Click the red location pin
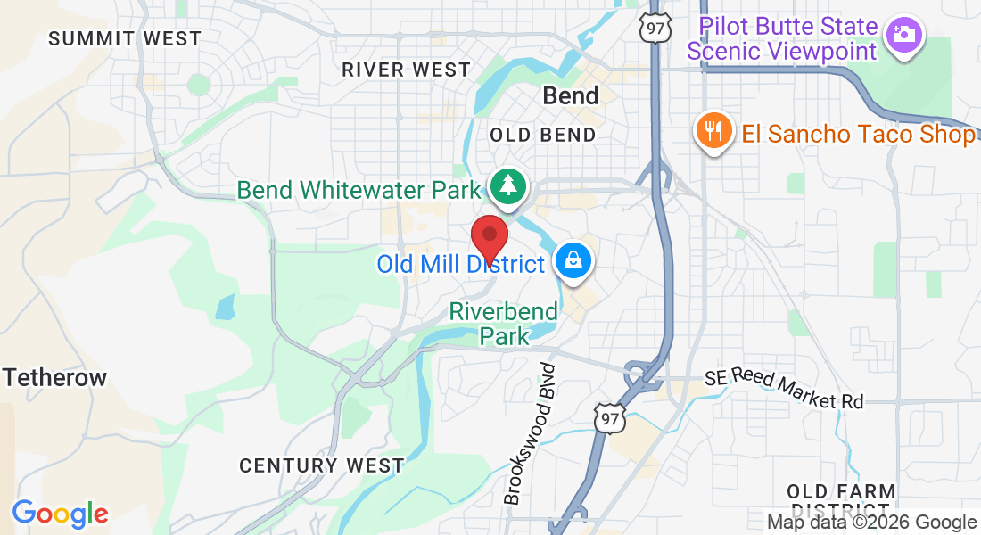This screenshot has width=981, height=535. (489, 236)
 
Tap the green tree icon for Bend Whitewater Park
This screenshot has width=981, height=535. (508, 186)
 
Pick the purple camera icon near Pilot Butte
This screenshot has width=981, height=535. (903, 34)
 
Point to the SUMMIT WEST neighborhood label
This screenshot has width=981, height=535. (125, 38)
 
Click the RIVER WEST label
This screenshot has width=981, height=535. (406, 70)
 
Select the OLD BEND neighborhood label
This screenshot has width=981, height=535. (542, 136)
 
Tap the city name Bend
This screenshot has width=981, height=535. (571, 96)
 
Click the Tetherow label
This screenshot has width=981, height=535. (54, 377)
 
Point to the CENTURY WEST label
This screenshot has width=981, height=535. (321, 465)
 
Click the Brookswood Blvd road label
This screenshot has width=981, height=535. (529, 433)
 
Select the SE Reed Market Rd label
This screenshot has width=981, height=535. (784, 389)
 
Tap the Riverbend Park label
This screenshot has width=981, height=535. (504, 324)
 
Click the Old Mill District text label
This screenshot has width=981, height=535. (460, 264)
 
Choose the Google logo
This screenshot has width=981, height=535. (60, 514)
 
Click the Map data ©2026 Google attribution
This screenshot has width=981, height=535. (872, 523)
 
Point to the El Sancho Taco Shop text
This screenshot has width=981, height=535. (858, 135)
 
